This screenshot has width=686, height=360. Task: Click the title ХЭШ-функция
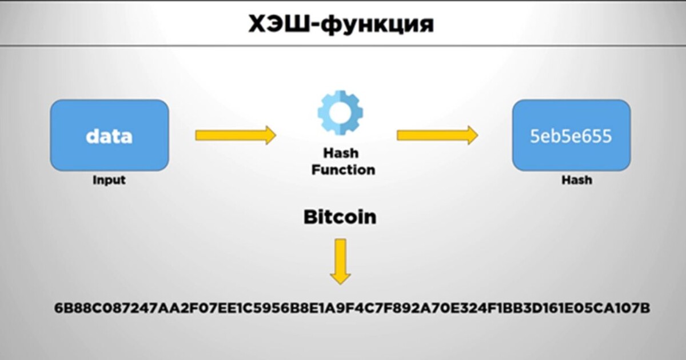(341, 24)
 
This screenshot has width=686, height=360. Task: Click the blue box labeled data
(109, 135)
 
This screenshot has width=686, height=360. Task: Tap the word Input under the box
(109, 180)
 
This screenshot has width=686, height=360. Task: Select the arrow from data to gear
(235, 135)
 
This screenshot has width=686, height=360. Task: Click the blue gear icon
(340, 112)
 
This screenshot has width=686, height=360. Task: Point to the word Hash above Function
(341, 153)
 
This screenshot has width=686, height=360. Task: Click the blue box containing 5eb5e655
(571, 135)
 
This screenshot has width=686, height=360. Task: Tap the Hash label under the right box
(576, 180)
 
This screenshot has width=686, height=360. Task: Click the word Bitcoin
(340, 217)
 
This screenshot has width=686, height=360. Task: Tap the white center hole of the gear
(340, 112)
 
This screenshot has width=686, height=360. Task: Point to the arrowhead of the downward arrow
(340, 277)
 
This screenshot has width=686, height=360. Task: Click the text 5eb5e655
(571, 137)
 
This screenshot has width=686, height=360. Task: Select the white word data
(109, 137)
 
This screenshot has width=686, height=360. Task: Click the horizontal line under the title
(343, 46)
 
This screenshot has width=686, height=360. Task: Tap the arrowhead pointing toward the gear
(269, 135)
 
